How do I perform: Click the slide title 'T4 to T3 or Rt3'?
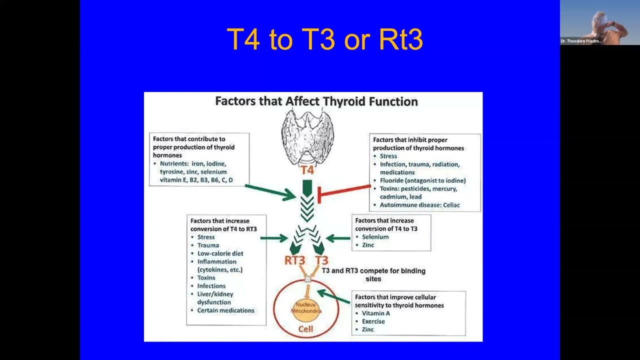(x=324, y=39)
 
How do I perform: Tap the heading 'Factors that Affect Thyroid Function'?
(x=316, y=101)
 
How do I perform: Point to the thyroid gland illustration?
(x=307, y=135)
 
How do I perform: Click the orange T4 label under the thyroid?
(x=307, y=170)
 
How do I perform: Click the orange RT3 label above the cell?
(x=294, y=260)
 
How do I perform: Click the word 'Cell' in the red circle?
(x=305, y=328)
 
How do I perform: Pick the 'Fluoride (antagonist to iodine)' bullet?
(x=422, y=180)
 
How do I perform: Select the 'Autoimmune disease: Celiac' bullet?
(x=419, y=205)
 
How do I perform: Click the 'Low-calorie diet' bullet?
(x=220, y=253)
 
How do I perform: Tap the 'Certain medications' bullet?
(x=225, y=310)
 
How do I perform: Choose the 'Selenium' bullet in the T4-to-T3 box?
(x=375, y=237)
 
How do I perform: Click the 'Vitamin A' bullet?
(x=376, y=313)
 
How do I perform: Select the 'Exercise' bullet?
(x=373, y=321)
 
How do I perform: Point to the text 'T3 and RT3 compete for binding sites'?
(x=373, y=274)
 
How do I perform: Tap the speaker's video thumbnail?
(x=599, y=22)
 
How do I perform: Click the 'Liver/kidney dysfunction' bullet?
(x=215, y=298)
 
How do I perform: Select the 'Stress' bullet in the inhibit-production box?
(x=388, y=156)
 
